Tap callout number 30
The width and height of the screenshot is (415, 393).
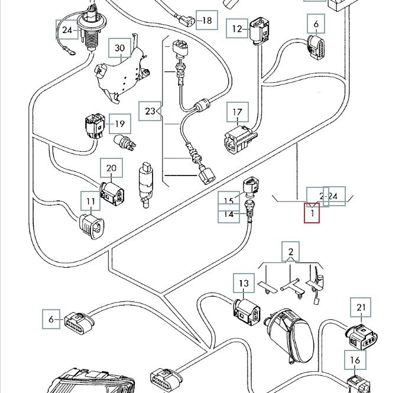(x=120, y=47)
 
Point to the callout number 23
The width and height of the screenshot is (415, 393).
(x=150, y=111)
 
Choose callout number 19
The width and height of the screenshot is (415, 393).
(x=119, y=124)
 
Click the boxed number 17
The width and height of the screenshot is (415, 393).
(x=237, y=112)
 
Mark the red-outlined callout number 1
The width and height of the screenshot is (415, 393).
(x=312, y=212)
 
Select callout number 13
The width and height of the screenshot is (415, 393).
(x=244, y=284)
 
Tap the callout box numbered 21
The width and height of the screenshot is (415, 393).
(x=361, y=307)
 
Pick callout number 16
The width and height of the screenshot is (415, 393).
(x=355, y=360)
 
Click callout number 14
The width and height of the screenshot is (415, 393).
(x=229, y=215)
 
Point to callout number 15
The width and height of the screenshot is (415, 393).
(x=229, y=200)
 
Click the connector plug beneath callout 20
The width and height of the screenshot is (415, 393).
(x=112, y=191)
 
